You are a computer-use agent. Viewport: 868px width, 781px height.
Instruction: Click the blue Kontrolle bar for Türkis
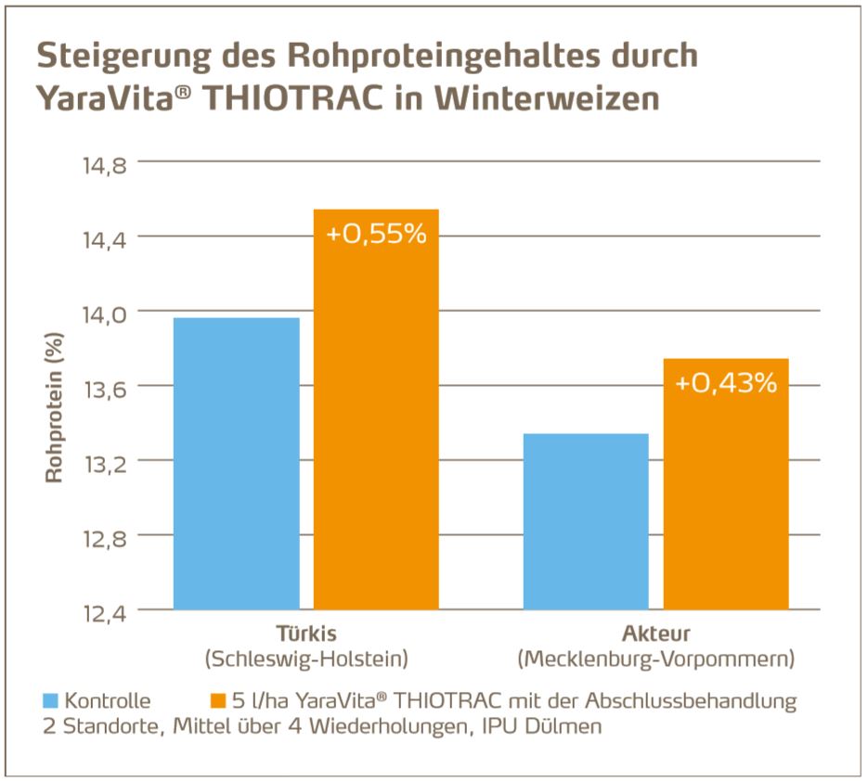[237, 464]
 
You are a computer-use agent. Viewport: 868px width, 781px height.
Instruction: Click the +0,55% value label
[376, 234]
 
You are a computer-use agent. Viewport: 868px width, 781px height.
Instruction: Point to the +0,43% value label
[726, 382]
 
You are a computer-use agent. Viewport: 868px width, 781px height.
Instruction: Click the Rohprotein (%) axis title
[53, 414]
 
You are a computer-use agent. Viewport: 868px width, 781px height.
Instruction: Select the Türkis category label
[306, 635]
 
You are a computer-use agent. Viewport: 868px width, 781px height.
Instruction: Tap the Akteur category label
[656, 635]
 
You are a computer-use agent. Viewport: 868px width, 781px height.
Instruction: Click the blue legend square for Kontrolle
[51, 701]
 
